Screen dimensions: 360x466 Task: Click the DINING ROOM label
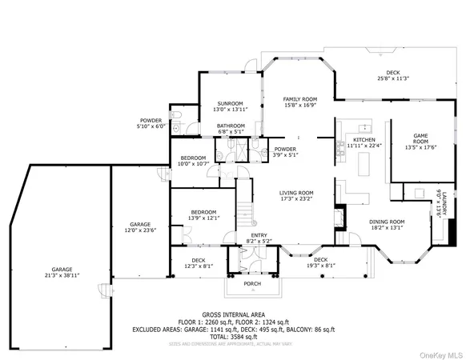(x=387, y=221)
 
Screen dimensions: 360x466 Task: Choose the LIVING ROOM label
(x=295, y=192)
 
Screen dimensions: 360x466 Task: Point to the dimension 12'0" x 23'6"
(x=140, y=230)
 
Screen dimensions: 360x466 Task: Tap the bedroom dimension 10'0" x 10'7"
(x=193, y=163)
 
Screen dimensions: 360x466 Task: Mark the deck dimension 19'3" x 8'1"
(x=320, y=265)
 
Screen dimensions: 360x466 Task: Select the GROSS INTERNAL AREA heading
(x=234, y=314)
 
